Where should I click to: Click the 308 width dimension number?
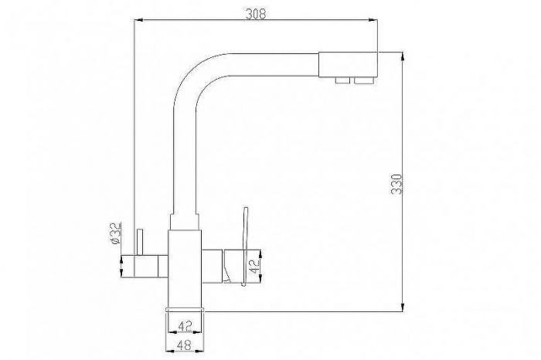click(x=256, y=13)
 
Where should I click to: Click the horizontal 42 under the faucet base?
click(x=185, y=326)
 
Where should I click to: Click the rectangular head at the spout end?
click(x=348, y=64)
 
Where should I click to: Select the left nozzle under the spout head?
click(x=342, y=80)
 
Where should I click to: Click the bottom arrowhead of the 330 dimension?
click(x=403, y=308)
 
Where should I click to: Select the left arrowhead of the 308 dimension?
click(x=138, y=22)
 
